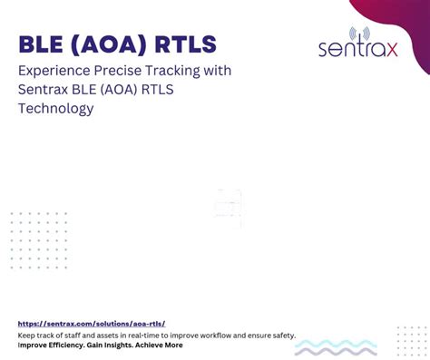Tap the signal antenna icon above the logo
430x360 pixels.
tap(357, 34)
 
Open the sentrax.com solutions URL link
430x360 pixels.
tap(92, 324)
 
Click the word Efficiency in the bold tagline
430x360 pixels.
tap(62, 345)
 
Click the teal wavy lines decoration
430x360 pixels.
tap(336, 347)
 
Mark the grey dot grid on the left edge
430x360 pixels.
tap(38, 240)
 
